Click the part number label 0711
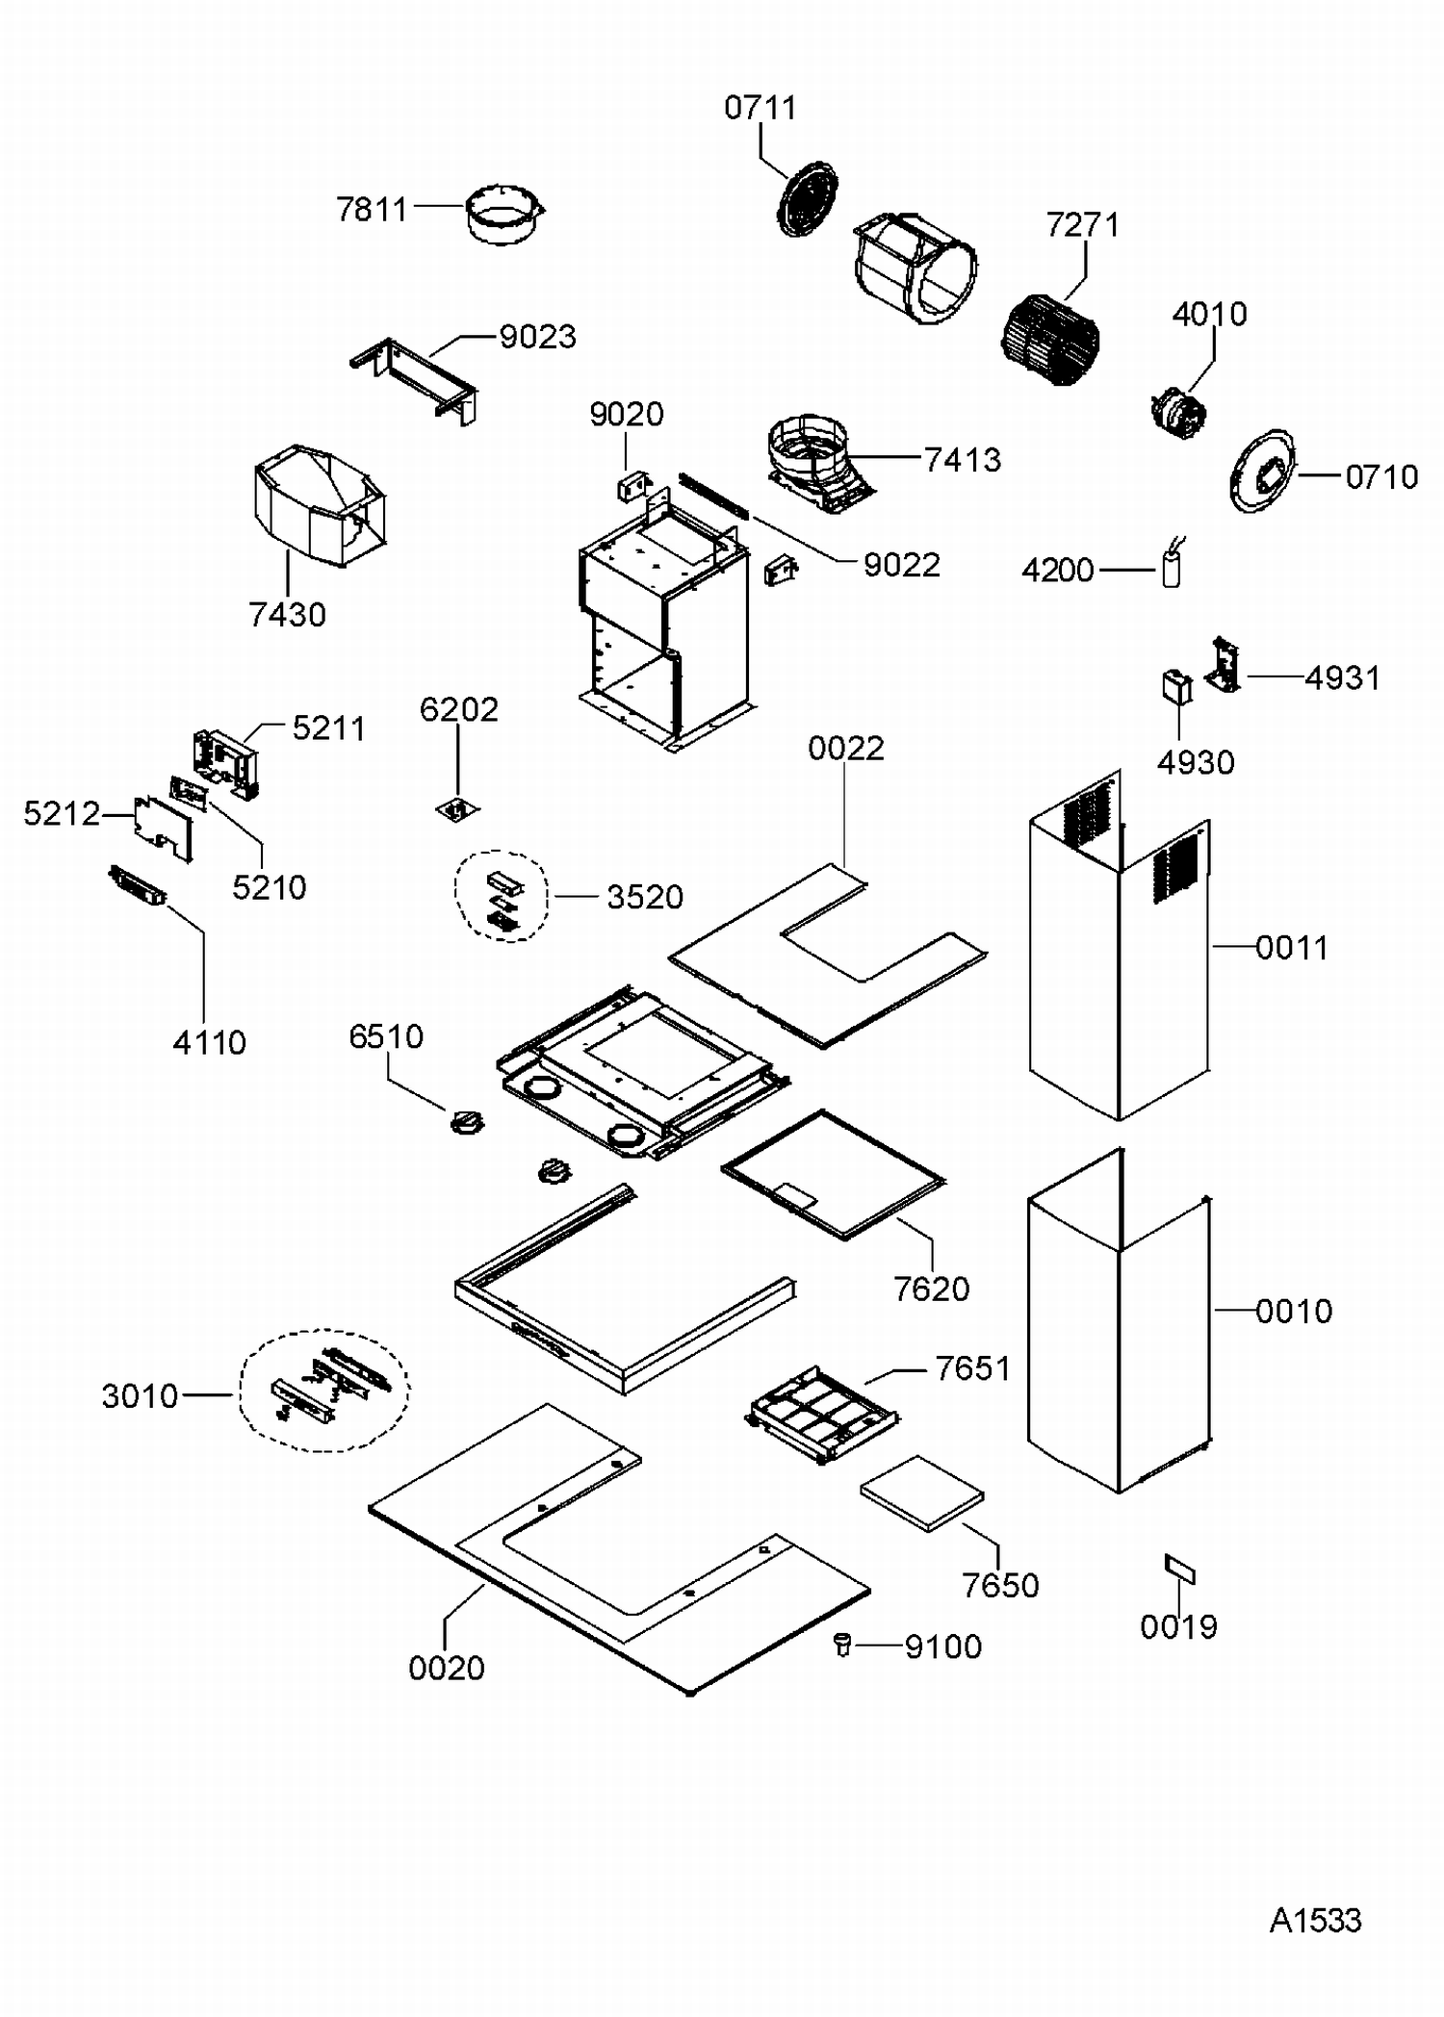tap(760, 108)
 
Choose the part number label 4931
tap(1342, 678)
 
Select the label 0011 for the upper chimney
tap(1292, 948)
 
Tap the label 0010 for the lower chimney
tap(1293, 1312)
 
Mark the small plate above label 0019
tap(1179, 1570)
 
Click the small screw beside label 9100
tap(843, 1645)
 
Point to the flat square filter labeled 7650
tap(921, 1492)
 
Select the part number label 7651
tap(972, 1368)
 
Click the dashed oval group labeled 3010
tap(323, 1391)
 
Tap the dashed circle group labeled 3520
tap(502, 896)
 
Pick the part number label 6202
tap(459, 710)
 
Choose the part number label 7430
tap(287, 615)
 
